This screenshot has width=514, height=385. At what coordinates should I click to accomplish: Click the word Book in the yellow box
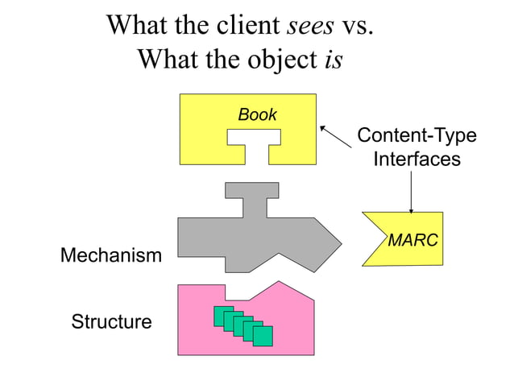pos(257,115)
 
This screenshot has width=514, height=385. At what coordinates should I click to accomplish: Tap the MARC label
pos(412,240)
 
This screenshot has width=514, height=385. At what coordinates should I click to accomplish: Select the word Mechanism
pos(111,256)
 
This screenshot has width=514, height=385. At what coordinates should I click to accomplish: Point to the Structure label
pos(111,322)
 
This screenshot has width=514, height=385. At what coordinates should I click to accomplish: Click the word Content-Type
pos(417,135)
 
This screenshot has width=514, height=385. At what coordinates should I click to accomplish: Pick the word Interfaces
pos(417,159)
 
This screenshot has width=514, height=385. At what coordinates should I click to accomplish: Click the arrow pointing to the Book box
pos(336,136)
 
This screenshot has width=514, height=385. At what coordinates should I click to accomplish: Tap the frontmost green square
pos(263,336)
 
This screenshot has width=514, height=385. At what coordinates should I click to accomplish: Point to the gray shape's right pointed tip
pos(338,240)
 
